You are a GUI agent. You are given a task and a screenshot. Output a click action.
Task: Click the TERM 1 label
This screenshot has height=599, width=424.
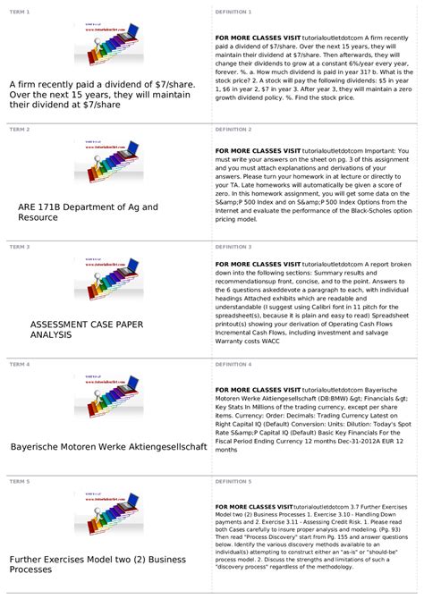(20, 12)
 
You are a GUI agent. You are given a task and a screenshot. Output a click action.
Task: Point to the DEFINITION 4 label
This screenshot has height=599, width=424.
(233, 364)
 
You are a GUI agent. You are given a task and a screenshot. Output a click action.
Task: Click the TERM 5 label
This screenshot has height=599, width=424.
(20, 481)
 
